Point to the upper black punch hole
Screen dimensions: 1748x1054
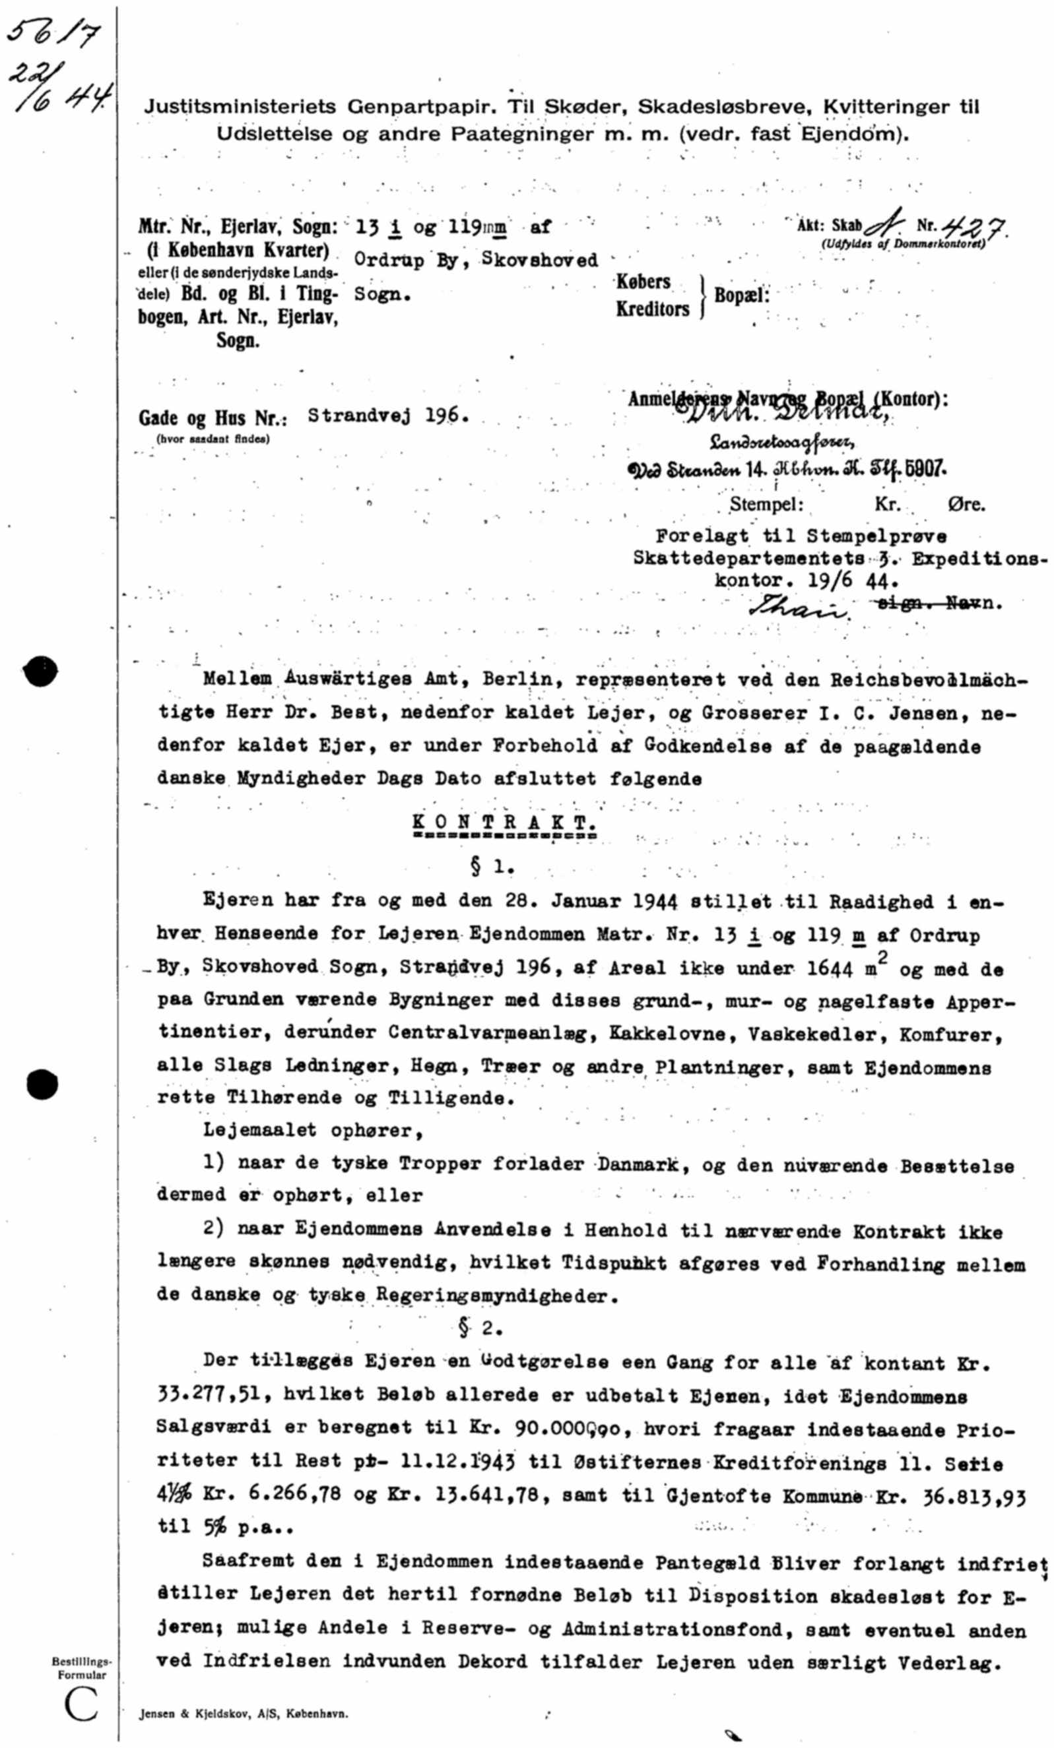click(40, 671)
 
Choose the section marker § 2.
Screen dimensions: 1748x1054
click(480, 1328)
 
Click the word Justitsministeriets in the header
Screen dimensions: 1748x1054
click(240, 107)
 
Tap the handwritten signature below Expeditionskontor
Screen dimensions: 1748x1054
click(799, 608)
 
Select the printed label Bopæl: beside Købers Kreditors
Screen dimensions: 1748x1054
click(741, 295)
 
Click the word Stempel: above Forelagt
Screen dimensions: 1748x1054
click(766, 505)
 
